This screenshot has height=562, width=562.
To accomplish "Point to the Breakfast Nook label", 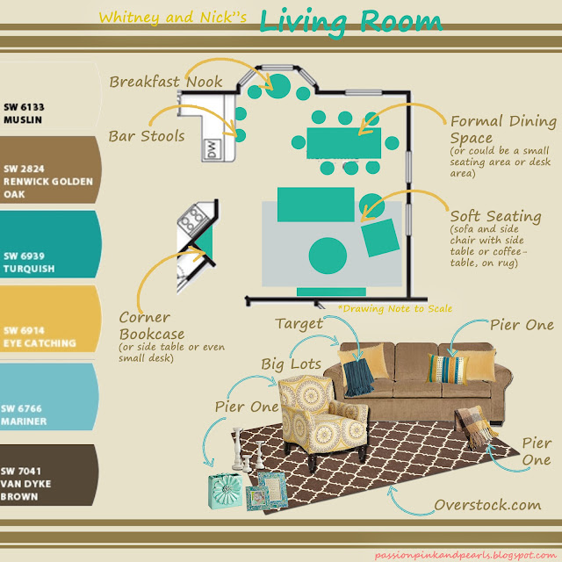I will (x=166, y=82).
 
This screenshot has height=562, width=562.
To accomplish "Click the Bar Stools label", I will (x=147, y=136).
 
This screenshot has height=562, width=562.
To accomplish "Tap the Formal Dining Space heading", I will (x=503, y=130).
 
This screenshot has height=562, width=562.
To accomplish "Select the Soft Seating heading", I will (x=495, y=215).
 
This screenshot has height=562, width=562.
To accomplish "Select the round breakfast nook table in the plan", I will (x=280, y=85).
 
